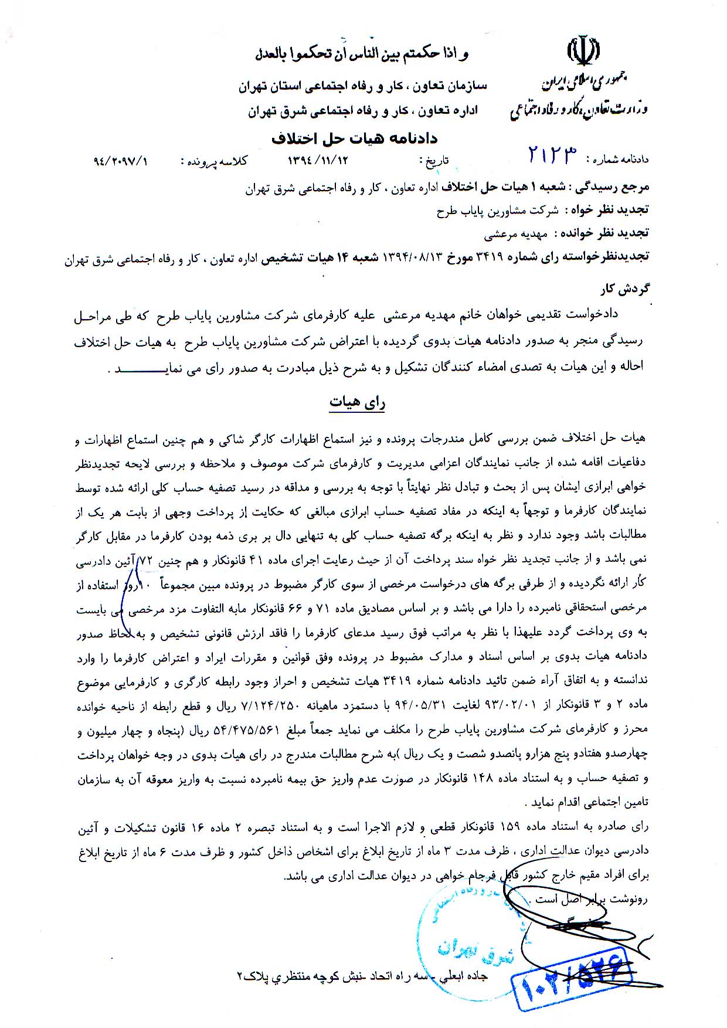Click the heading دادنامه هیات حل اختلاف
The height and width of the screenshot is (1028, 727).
(354, 139)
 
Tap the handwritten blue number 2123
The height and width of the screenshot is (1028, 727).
(552, 155)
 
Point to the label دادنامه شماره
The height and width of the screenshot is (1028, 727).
(621, 160)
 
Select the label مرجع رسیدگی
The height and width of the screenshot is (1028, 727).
(620, 189)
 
